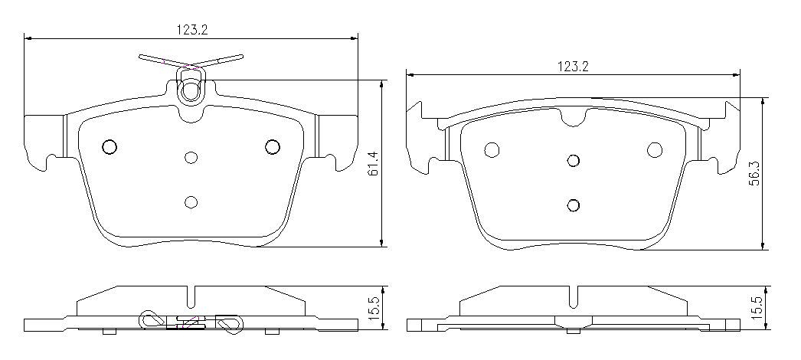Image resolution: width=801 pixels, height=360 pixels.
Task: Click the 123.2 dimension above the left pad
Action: [193, 30]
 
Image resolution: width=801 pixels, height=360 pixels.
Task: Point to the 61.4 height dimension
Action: [373, 163]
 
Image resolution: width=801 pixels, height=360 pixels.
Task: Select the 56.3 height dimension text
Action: [754, 172]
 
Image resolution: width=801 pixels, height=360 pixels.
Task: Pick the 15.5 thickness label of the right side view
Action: [756, 309]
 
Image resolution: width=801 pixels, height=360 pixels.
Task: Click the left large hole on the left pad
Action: [109, 147]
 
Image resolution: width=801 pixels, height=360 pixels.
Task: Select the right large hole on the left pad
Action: [272, 146]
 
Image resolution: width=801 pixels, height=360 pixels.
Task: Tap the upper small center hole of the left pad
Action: [191, 158]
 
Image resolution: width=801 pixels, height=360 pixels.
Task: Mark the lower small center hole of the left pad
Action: [191, 201]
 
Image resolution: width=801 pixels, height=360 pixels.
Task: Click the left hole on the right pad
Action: [492, 149]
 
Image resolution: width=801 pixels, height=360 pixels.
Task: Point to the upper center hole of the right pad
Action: [573, 160]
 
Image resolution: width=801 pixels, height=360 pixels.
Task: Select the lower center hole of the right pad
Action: [574, 205]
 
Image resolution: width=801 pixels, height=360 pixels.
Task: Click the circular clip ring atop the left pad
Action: [190, 90]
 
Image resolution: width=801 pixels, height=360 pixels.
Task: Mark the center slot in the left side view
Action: [191, 296]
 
